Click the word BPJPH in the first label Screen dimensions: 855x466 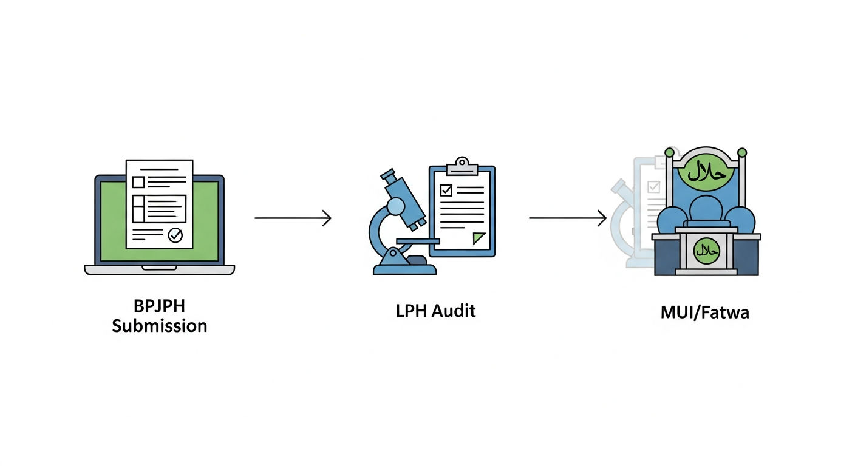(159, 306)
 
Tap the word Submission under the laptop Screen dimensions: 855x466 (160, 326)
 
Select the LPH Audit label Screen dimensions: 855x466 (435, 311)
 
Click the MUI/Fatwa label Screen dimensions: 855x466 (704, 312)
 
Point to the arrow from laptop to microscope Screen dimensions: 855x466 (293, 218)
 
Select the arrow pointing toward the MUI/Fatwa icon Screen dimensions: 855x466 (568, 218)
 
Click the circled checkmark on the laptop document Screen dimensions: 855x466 (175, 235)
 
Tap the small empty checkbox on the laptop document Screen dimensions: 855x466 (138, 182)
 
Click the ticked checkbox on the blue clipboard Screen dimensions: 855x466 (446, 190)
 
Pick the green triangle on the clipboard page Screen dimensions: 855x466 (478, 238)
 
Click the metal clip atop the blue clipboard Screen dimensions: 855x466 (462, 167)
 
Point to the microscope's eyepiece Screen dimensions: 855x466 (388, 176)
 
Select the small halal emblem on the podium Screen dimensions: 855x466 (706, 251)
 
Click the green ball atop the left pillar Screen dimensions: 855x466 (670, 152)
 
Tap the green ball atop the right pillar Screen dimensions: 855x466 (742, 152)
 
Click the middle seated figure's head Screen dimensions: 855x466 (706, 208)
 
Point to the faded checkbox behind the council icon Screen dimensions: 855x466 (654, 187)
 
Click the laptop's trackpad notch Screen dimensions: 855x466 (159, 268)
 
